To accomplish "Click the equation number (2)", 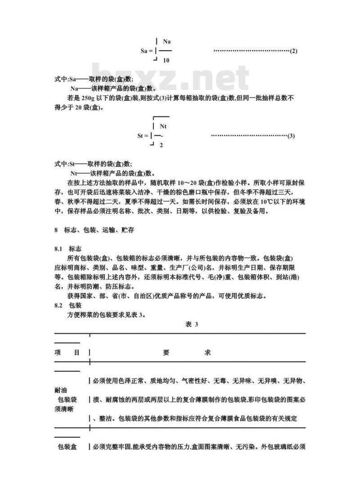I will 293,51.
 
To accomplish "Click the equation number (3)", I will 291,136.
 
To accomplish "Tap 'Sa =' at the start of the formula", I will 147,51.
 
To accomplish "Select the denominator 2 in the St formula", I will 161,145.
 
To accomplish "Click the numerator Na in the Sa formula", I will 166,42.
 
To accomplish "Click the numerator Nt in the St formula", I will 163,127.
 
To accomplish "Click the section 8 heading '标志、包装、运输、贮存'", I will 99,230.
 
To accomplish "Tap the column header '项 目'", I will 67,352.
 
